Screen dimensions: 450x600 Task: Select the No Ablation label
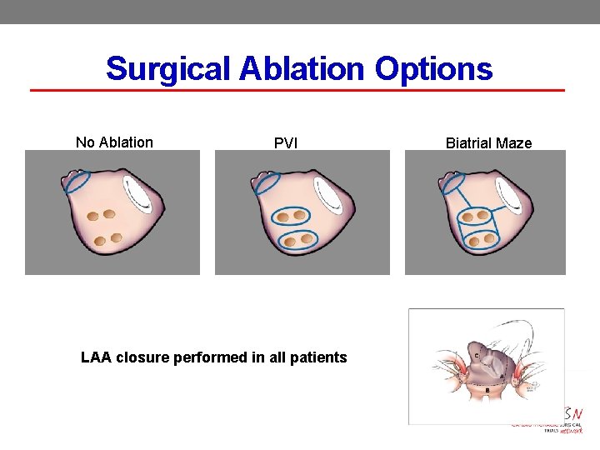pos(114,142)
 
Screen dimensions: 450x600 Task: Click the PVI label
pos(286,143)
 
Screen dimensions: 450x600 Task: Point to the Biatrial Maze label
pos(488,143)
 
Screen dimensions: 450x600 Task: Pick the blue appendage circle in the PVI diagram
pos(267,182)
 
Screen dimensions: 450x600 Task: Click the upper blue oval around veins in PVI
pos(291,217)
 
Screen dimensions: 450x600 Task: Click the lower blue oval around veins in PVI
pos(296,241)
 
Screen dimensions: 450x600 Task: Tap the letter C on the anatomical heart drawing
pos(476,356)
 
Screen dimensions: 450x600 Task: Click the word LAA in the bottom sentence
pos(97,357)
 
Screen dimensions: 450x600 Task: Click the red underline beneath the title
pos(297,90)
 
